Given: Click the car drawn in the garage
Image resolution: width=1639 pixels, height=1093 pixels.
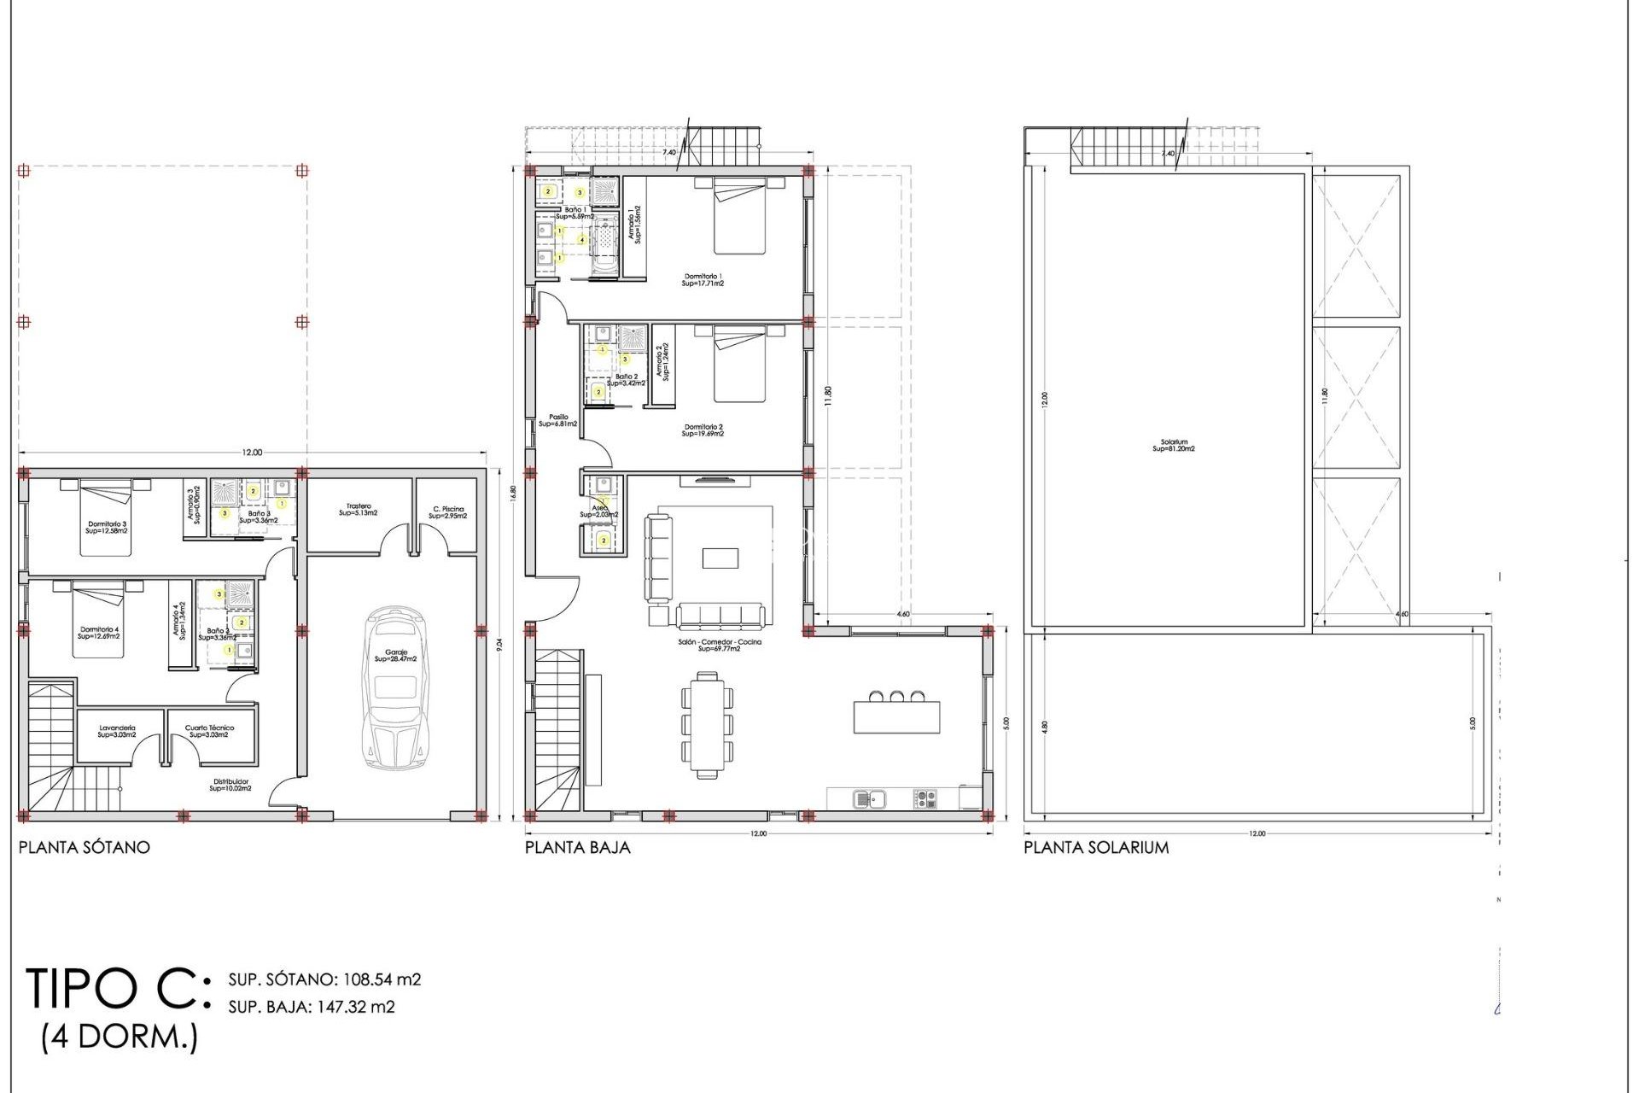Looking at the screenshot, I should pos(395,688).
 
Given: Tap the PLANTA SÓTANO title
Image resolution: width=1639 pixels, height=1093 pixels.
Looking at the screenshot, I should pos(84,847).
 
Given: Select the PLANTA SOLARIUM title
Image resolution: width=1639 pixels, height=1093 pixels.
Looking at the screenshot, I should pos(1096,847).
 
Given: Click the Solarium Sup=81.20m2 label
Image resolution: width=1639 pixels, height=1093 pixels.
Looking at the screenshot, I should pos(1174,446).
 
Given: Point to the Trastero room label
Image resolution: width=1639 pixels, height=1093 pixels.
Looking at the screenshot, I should pos(359,510).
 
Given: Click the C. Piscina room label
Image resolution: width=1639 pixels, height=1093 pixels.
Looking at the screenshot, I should pos(447,512).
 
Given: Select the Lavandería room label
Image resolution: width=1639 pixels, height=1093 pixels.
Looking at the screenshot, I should pos(117,731).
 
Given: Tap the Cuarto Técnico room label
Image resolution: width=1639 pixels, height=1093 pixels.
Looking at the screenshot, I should pos(209,731).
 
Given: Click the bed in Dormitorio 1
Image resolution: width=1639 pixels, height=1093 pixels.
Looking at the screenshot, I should pos(739,218).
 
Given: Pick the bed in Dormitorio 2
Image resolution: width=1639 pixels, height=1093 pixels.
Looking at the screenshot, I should pos(739,365).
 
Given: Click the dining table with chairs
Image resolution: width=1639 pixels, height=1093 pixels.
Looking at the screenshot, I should pos(707,725).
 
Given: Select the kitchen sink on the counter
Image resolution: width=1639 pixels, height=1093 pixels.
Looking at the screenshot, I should pos(870,799).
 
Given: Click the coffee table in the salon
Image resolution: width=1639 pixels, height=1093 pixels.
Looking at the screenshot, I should pos(720,558).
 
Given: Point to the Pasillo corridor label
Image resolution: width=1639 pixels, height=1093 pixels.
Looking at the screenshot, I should pos(557,420).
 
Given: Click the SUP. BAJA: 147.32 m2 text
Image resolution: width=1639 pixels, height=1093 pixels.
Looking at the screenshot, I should pos(312,1007).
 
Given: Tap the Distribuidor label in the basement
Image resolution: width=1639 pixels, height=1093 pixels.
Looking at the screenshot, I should pos(230,785).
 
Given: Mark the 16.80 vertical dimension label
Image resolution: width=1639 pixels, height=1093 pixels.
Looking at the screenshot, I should pos(513,495).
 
